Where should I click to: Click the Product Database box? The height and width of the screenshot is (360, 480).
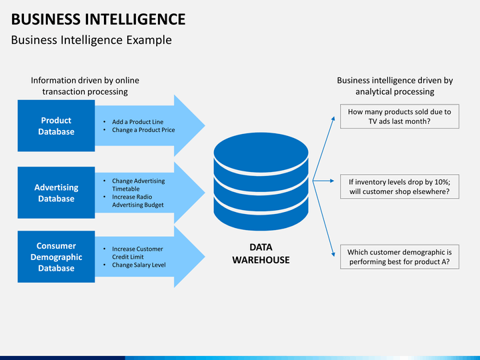tap(56, 126)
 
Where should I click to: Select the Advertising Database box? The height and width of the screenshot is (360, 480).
tap(56, 193)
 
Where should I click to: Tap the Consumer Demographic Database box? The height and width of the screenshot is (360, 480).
tap(56, 257)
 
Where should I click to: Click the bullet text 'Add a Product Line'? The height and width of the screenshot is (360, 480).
tap(137, 122)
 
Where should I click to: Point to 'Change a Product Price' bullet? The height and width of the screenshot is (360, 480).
tap(143, 130)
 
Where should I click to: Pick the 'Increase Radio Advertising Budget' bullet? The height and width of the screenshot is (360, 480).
tap(138, 201)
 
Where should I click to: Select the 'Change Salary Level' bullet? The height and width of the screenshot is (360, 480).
tap(139, 265)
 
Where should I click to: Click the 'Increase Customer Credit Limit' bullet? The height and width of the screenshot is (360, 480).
tap(137, 253)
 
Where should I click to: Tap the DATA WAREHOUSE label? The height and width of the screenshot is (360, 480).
tap(261, 253)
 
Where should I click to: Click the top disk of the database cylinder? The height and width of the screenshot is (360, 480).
tap(261, 153)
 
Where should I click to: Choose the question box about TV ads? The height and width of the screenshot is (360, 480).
tap(399, 116)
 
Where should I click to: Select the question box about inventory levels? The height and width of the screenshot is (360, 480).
tap(399, 187)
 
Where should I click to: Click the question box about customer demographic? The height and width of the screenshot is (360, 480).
tap(399, 257)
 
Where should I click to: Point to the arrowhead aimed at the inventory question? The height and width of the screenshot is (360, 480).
tap(332, 181)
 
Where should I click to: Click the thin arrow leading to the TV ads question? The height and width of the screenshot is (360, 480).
tap(323, 149)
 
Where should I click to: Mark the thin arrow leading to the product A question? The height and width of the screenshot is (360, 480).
tap(323, 219)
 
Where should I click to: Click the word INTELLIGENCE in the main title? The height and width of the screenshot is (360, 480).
tap(135, 19)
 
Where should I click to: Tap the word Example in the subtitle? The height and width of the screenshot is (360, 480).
tap(149, 41)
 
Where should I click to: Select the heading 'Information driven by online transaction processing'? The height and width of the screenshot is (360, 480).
tap(85, 86)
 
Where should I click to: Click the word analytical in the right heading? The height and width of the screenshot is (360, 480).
tap(375, 92)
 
